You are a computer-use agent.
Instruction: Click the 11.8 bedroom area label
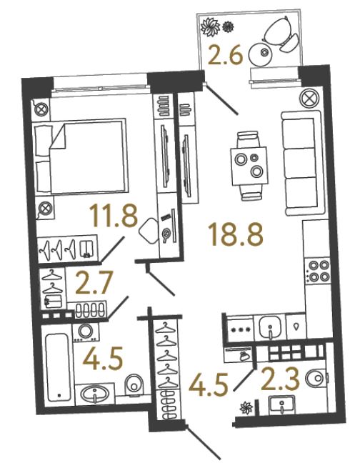tap(114, 212)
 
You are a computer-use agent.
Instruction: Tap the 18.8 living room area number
tap(236, 234)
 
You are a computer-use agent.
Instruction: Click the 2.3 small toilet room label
tap(280, 379)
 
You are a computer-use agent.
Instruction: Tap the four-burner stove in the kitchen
tap(319, 271)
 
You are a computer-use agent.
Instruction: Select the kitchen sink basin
tap(269, 327)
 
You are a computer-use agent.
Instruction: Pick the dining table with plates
tap(249, 166)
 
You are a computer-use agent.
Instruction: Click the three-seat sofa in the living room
tap(303, 164)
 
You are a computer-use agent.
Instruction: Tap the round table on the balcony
tap(261, 54)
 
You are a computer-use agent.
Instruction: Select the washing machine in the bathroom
tap(86, 332)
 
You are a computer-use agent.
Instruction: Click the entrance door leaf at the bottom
tap(204, 441)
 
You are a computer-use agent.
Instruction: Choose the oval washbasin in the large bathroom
tap(95, 394)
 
